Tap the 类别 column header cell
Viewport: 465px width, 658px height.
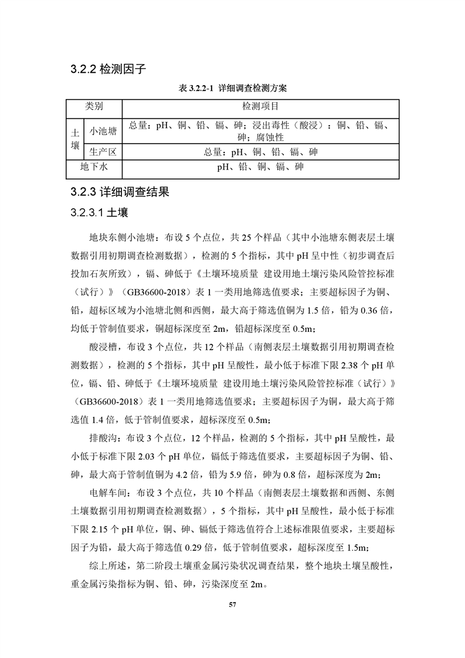[94, 107]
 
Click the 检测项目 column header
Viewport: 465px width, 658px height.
[260, 107]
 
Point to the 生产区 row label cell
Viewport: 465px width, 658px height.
[102, 152]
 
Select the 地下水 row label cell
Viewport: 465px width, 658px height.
[94, 167]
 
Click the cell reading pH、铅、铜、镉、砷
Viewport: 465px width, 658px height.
[260, 167]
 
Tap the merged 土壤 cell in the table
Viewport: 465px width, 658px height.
[75, 139]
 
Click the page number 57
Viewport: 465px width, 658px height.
[232, 604]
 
